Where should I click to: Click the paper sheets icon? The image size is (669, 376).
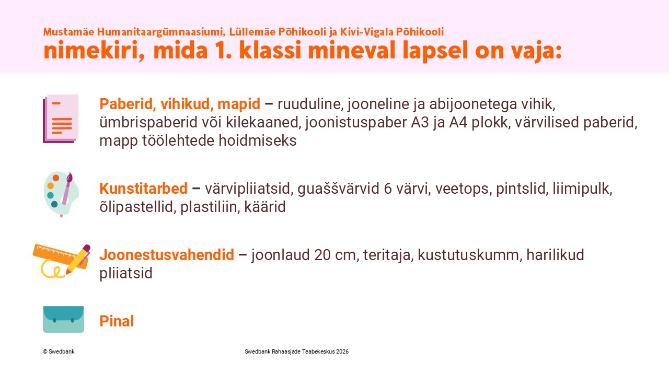61,119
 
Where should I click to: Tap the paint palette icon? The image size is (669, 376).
61,194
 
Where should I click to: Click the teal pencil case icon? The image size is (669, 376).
63,319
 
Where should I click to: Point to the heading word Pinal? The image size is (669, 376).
117,321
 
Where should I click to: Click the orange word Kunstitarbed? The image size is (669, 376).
143,189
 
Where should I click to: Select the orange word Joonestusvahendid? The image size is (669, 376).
167,255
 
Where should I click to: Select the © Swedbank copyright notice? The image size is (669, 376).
59,351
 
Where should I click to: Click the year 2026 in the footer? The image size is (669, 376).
342,351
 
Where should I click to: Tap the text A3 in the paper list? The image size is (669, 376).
420,122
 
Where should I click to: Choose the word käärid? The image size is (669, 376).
265,207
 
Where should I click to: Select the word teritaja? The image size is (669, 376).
387,255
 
